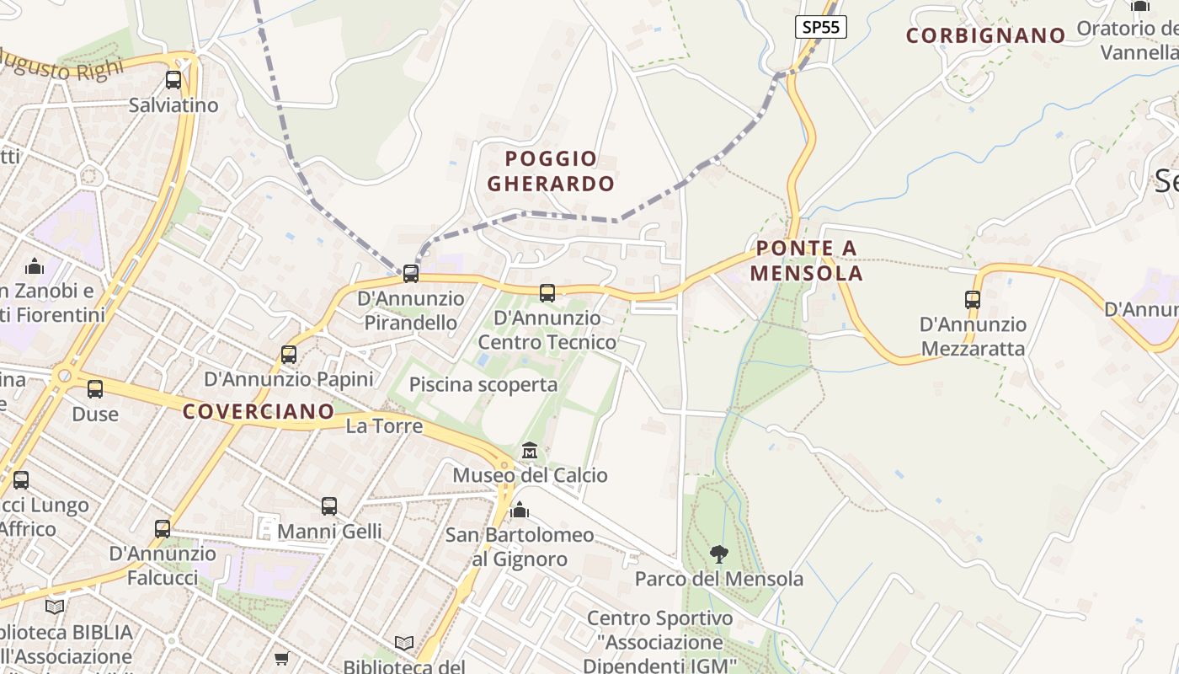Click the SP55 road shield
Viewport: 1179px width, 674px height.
pos(820,27)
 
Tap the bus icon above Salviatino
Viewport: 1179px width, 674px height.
pos(173,81)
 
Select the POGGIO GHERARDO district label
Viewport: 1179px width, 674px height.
pos(551,171)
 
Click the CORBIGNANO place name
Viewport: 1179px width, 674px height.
pos(985,35)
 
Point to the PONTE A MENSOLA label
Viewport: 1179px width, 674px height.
pos(806,260)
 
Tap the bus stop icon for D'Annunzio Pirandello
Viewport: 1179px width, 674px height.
pos(411,274)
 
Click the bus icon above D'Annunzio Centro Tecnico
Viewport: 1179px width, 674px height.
pos(547,293)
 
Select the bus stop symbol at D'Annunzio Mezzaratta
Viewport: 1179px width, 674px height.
pos(973,300)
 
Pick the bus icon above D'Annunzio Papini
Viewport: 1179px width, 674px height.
pos(289,355)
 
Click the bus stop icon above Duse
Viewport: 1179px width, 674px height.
pos(95,389)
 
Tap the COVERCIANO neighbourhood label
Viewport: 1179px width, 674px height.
pos(259,411)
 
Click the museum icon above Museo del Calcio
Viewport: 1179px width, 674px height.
pos(530,452)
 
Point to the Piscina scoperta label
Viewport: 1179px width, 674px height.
pos(483,385)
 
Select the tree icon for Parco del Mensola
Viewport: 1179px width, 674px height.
pos(718,554)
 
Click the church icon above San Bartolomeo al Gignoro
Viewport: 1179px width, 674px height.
pos(520,511)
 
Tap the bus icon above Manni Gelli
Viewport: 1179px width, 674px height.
pos(329,506)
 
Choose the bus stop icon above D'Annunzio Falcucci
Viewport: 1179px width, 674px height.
pos(163,529)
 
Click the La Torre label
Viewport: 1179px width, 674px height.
pos(384,426)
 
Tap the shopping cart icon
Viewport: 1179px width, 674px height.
pos(281,658)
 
